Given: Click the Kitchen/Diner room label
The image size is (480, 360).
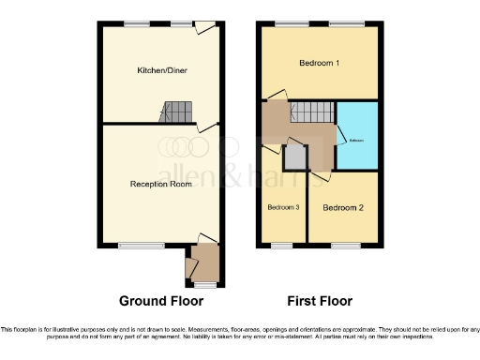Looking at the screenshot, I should (x=160, y=69).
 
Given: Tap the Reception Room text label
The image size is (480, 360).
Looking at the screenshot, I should (x=160, y=184).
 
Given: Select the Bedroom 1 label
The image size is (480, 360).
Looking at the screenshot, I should (x=320, y=64).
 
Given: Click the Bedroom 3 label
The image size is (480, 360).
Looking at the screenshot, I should (x=283, y=207).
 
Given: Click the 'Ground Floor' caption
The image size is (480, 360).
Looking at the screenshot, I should (x=161, y=302).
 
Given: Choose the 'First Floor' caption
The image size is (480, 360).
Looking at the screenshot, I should (x=321, y=302).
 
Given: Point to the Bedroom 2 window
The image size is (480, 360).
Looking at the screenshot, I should (x=347, y=246).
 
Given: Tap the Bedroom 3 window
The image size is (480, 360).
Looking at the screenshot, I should (x=282, y=246).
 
